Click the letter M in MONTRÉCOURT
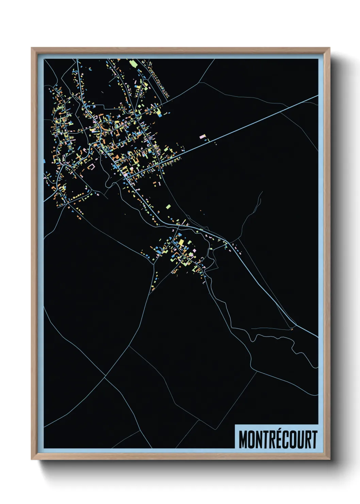tap(243, 440)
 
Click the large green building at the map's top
tap(133, 63)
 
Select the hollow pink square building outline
tap(91, 167)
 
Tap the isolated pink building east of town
tap(203, 137)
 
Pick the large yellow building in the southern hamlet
tap(181, 243)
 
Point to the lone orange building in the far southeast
tap(291, 329)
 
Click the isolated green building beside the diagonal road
tap(168, 206)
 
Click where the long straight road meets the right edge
tap(317, 96)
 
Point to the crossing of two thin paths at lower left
tap(105, 377)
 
